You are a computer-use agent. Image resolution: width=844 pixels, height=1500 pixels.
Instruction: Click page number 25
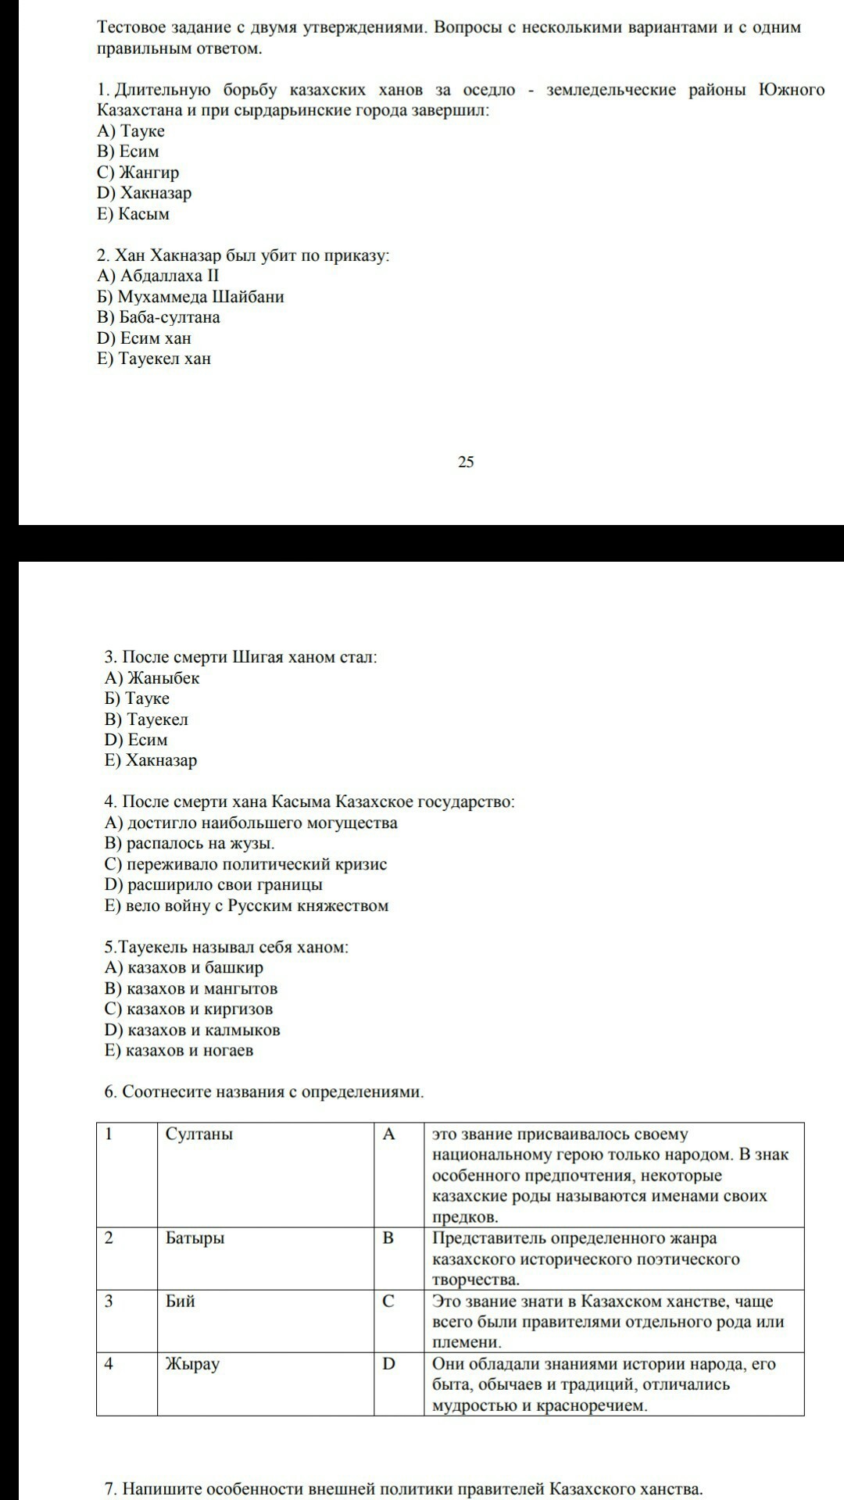point(466,462)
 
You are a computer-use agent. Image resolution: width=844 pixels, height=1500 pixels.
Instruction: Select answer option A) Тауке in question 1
point(131,130)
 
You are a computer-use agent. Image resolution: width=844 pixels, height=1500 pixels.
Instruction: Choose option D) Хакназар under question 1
point(145,193)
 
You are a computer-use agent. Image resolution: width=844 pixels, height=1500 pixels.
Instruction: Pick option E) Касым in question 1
point(134,214)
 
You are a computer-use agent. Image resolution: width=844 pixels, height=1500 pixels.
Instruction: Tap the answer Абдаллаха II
point(159,276)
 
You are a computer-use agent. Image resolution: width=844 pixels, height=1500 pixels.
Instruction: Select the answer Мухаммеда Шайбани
point(191,297)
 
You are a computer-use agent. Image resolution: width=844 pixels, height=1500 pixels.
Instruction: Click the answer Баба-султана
point(159,317)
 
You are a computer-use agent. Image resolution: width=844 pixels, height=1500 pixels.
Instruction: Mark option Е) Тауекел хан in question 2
point(154,359)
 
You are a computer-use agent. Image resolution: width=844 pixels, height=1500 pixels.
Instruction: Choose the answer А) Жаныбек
point(152,678)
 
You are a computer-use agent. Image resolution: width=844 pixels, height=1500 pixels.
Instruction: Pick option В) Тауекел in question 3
point(147,720)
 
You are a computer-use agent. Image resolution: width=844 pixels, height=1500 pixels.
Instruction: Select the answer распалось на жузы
point(190,844)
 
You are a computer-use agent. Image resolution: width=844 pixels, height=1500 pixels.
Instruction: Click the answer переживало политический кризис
point(246,864)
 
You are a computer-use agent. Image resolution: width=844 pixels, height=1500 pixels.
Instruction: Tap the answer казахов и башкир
point(184,968)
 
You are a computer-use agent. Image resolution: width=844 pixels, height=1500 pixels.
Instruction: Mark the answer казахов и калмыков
point(192,1030)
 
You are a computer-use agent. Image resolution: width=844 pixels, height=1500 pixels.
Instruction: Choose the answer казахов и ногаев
point(179,1051)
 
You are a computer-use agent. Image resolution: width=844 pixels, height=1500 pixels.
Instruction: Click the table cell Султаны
point(199,1134)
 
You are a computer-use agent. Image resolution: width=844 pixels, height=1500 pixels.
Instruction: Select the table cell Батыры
point(195,1238)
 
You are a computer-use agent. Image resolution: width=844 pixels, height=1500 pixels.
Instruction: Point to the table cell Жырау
point(192,1364)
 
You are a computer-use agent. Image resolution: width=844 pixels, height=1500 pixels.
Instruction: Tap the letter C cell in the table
point(388,1302)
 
